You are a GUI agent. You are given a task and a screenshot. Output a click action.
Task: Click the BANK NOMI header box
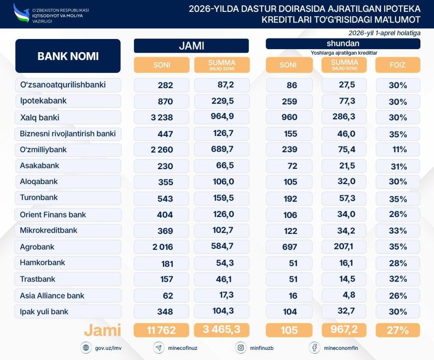coord(68,56)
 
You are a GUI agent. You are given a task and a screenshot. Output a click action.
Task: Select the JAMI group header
coord(191,46)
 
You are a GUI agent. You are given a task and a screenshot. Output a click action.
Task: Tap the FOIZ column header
coord(398,65)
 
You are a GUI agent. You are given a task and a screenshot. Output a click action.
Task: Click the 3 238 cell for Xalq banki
coord(161,117)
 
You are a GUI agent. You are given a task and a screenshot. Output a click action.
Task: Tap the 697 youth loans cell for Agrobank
coord(289,247)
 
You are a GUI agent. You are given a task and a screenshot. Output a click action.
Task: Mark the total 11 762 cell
coord(161,330)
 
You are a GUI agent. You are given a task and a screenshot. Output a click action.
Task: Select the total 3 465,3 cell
coord(222,330)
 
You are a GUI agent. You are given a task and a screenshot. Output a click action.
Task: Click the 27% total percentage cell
coord(398,330)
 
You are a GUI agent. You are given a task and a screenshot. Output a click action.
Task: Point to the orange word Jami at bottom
coord(102,330)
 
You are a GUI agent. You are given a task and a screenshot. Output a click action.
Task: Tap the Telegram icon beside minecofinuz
coord(159,348)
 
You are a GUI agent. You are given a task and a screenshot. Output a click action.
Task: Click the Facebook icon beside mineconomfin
coord(314,348)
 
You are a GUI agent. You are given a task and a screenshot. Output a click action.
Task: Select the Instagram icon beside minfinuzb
coord(241,348)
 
